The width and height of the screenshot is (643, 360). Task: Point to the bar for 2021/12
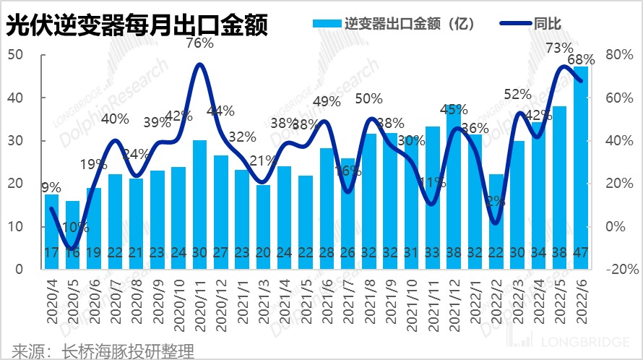pos(453,187)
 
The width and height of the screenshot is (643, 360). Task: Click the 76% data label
pos(199,43)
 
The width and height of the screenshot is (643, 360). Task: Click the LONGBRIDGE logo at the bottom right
pos(571,340)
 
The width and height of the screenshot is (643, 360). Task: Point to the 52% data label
pos(517,94)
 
